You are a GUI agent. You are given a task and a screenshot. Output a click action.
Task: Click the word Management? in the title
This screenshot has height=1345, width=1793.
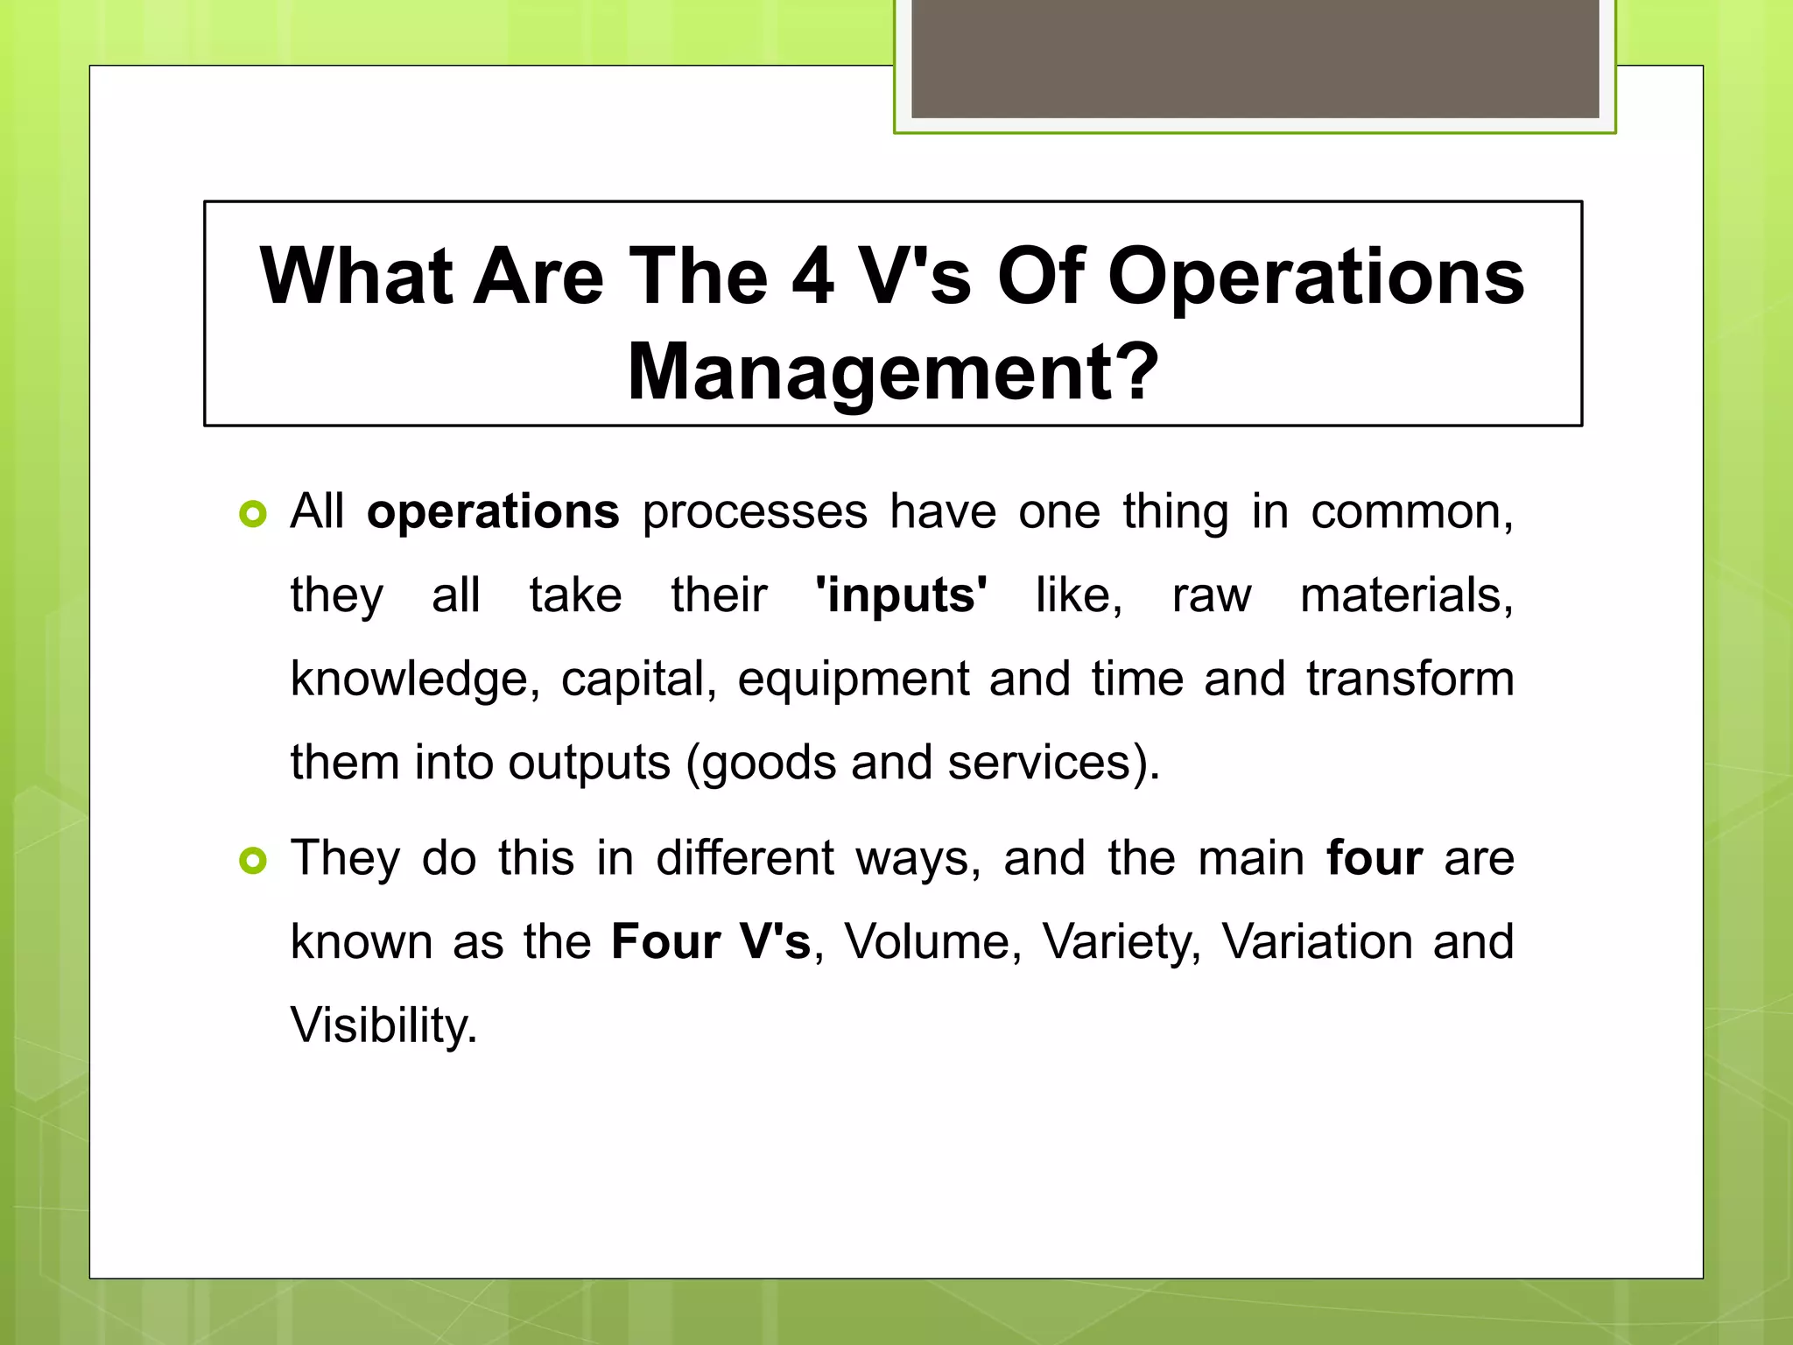click(x=893, y=372)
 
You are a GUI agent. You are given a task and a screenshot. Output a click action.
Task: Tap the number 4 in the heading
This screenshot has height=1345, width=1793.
click(x=812, y=277)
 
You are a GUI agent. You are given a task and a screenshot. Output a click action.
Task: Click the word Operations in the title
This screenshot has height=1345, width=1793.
click(x=1316, y=277)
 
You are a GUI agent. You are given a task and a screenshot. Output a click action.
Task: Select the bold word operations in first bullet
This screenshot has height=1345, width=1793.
click(x=493, y=512)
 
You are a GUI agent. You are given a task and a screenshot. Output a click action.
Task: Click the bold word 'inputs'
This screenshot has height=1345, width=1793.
click(x=901, y=595)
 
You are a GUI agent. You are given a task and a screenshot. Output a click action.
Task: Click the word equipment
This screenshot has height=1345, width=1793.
click(x=853, y=680)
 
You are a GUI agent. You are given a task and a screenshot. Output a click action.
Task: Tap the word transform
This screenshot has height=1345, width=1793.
click(x=1410, y=680)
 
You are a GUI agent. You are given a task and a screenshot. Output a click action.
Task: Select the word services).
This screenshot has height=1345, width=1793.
click(x=1053, y=763)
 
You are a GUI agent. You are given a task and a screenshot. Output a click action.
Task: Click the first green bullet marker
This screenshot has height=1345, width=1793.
click(x=252, y=514)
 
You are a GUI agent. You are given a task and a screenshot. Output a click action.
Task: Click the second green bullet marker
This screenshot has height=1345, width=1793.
click(x=252, y=861)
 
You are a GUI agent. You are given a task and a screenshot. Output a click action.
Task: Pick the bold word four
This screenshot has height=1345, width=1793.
click(x=1374, y=858)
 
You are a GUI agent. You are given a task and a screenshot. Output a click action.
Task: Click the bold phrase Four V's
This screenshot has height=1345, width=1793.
click(x=711, y=942)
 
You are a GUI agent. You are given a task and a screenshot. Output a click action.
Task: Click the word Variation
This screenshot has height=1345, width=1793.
click(x=1317, y=942)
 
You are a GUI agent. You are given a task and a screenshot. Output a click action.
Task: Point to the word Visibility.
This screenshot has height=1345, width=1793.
click(x=383, y=1025)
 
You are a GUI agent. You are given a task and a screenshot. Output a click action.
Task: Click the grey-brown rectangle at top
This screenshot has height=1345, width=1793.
click(x=1255, y=58)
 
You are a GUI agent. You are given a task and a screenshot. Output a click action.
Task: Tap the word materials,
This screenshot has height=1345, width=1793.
click(x=1406, y=595)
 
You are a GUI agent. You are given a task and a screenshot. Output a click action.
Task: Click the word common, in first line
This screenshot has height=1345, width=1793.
click(x=1411, y=512)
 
